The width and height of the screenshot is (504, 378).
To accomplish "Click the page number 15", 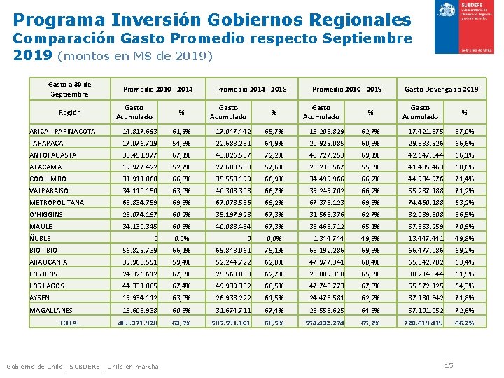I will [449, 365].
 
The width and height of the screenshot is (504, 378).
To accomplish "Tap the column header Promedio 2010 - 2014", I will [158, 90].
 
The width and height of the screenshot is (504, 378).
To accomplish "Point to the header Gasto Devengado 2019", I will [441, 90].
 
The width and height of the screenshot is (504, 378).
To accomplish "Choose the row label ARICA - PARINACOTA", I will [62, 132].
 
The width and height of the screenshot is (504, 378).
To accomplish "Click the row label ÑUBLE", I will [40, 239].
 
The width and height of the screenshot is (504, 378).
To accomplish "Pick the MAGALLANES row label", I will [51, 310].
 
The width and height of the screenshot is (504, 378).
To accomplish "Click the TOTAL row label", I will [70, 323].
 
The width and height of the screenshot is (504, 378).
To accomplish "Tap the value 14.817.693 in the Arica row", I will [140, 132].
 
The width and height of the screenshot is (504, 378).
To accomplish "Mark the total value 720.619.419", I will [423, 323].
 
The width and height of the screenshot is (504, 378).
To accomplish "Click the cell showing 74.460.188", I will [424, 203].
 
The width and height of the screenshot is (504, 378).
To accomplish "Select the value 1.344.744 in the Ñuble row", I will [327, 239].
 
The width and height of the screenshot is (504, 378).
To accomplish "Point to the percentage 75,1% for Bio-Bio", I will [274, 251].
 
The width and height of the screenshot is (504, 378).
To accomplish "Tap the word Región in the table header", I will [69, 113].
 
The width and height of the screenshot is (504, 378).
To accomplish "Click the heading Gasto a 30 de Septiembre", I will [69, 90].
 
